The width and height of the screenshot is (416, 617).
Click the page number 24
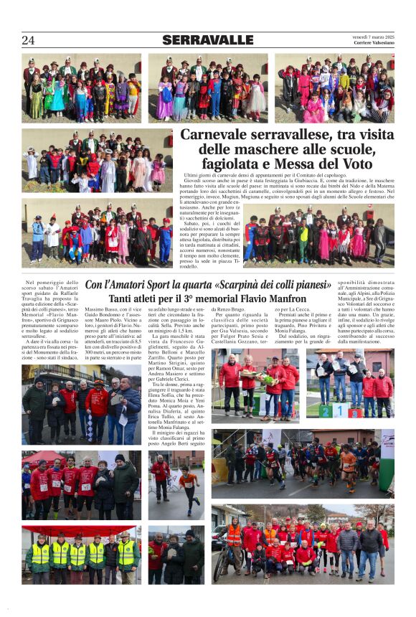click(x=28, y=40)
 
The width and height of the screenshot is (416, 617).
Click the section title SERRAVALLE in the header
click(x=207, y=40)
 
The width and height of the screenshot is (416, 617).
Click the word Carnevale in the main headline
click(x=213, y=135)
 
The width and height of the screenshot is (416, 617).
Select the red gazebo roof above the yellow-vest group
click(x=80, y=530)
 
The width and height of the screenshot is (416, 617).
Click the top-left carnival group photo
click(x=81, y=87)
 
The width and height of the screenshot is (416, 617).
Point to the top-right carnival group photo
click(x=334, y=87)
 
